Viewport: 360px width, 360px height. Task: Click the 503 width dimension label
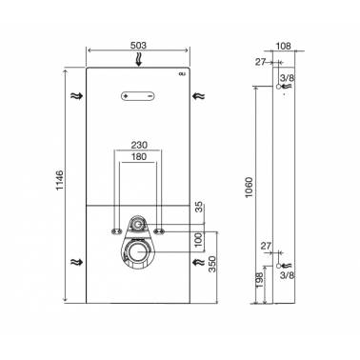point(139,46)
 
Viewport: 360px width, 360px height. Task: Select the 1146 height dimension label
point(60,180)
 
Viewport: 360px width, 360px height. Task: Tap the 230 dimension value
point(139,145)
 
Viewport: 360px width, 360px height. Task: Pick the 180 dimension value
point(139,156)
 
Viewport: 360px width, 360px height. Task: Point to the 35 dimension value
point(198,208)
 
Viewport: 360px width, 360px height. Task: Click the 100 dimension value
point(198,240)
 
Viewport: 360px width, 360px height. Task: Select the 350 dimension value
point(212,264)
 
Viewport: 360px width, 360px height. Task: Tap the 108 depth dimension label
point(283,46)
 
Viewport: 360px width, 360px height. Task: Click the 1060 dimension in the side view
point(250,188)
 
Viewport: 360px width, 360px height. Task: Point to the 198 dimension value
point(259,280)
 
